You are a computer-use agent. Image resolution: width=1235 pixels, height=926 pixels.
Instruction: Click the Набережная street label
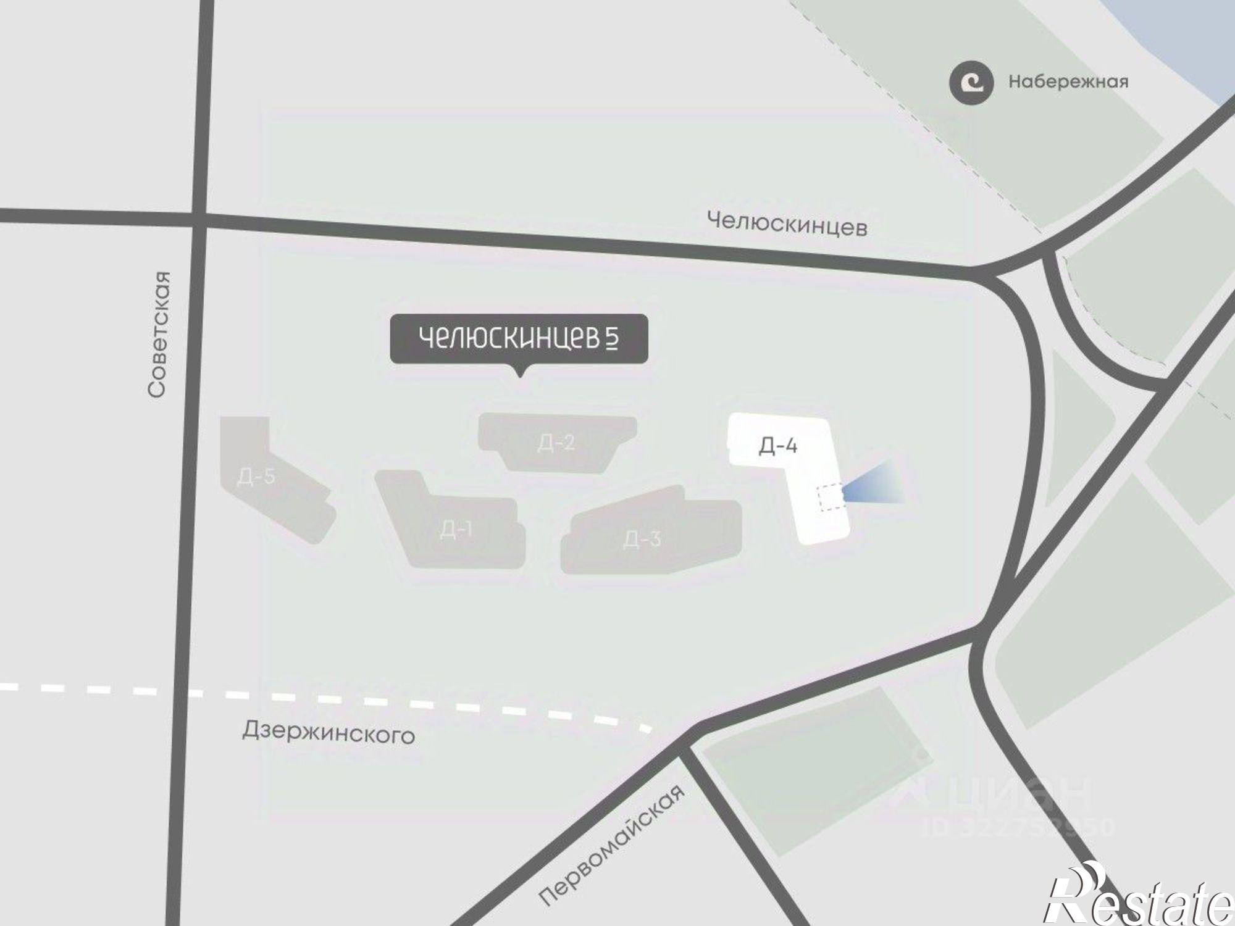click(1068, 82)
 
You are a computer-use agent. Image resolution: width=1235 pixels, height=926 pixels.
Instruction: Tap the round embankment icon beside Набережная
click(971, 83)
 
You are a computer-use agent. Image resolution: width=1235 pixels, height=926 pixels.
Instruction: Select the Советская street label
click(158, 333)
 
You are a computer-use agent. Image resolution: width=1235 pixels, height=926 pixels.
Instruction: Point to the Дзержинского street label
click(329, 733)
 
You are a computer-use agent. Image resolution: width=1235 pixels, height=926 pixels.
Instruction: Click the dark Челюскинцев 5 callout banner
click(519, 338)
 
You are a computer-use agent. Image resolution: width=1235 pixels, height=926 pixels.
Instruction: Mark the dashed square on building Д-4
click(831, 498)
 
